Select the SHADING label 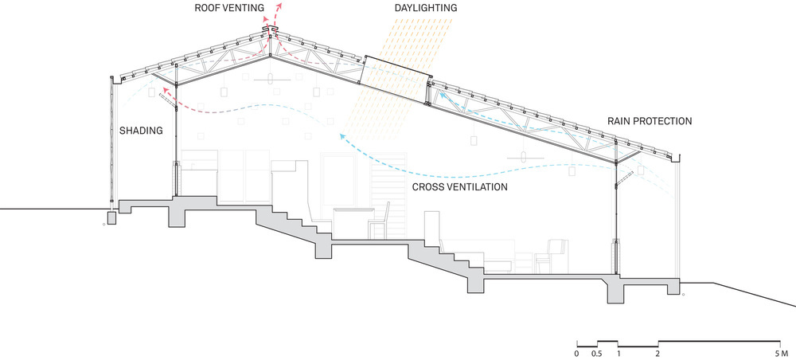[x=140, y=131]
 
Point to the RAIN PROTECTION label [x=649, y=121]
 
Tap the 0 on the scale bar [x=576, y=351]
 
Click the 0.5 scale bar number [x=597, y=351]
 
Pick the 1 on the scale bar [x=618, y=351]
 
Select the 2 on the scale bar [x=658, y=351]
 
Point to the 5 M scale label [x=779, y=351]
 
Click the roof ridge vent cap [x=271, y=30]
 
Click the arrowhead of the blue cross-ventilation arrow [x=342, y=136]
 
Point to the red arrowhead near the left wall [x=163, y=94]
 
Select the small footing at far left [x=111, y=217]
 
